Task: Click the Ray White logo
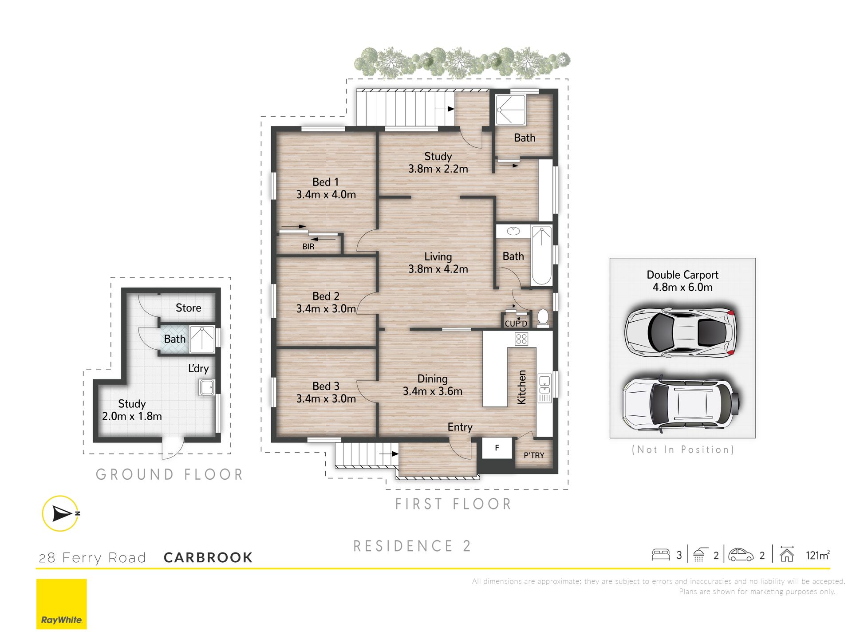coord(61,604)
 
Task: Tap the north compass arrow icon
coord(61,513)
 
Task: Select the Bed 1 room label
coord(325,182)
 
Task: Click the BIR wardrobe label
coord(308,246)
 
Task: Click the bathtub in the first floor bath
coord(541,255)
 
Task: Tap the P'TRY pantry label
coord(534,455)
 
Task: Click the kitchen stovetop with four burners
coord(521,339)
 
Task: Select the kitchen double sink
coord(544,384)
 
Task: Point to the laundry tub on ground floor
coord(207,387)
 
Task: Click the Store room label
coord(188,308)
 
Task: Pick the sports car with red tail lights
coord(680,331)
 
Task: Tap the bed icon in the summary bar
coord(661,555)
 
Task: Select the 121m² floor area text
coord(817,555)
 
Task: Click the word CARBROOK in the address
coord(208,557)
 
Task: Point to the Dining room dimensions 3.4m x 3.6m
coord(433,391)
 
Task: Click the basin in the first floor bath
coord(513,231)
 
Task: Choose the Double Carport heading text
coord(682,275)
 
